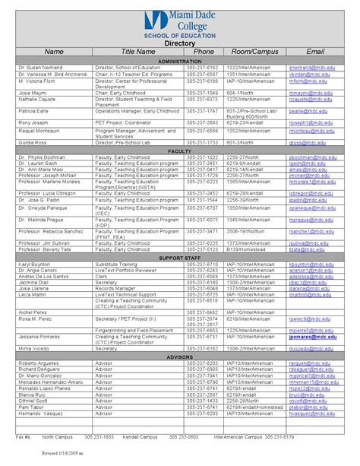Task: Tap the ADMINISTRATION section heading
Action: tap(179, 60)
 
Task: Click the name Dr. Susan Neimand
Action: tap(38, 67)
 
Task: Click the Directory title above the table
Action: tap(180, 43)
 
